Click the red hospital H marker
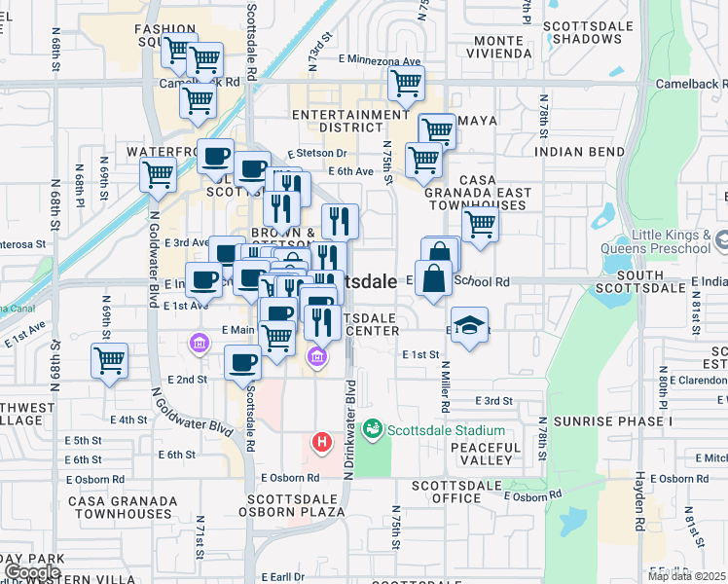coord(321,444)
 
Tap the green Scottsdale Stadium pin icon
coord(372,429)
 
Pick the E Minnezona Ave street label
coord(379,59)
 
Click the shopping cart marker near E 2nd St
coord(110,360)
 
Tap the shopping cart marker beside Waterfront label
coord(158,175)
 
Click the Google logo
coord(33,572)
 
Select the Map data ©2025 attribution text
coord(685,576)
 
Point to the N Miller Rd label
coord(444,383)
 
